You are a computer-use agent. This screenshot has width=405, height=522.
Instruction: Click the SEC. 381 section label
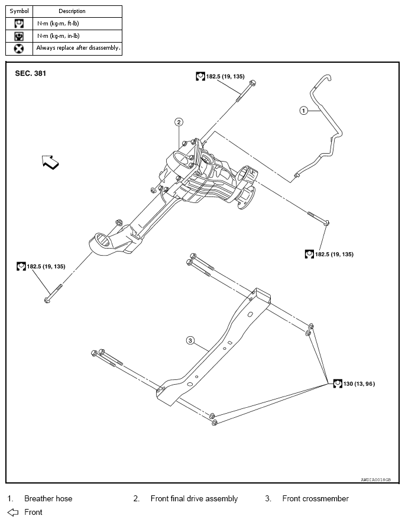click(x=30, y=74)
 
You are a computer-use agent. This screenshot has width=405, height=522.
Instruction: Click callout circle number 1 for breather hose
click(x=303, y=111)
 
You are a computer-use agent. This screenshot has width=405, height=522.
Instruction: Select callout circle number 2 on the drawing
click(x=179, y=122)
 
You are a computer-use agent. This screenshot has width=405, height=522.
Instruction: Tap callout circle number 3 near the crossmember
click(x=190, y=340)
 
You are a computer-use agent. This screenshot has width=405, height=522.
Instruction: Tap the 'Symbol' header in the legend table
click(x=19, y=11)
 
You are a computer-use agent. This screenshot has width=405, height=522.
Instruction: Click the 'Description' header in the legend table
click(x=72, y=11)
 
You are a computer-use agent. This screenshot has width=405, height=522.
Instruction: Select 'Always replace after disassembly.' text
click(x=78, y=48)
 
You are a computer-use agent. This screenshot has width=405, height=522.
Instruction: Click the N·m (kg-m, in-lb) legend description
click(x=58, y=36)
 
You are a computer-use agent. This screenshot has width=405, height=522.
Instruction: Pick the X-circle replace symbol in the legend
click(x=19, y=49)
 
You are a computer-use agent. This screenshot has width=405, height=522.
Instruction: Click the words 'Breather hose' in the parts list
click(x=48, y=498)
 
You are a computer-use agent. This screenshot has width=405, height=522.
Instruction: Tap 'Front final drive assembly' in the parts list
click(x=194, y=498)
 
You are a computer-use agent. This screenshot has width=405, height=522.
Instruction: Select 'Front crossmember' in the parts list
click(x=315, y=498)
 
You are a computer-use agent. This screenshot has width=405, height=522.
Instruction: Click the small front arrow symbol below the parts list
click(x=13, y=512)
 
